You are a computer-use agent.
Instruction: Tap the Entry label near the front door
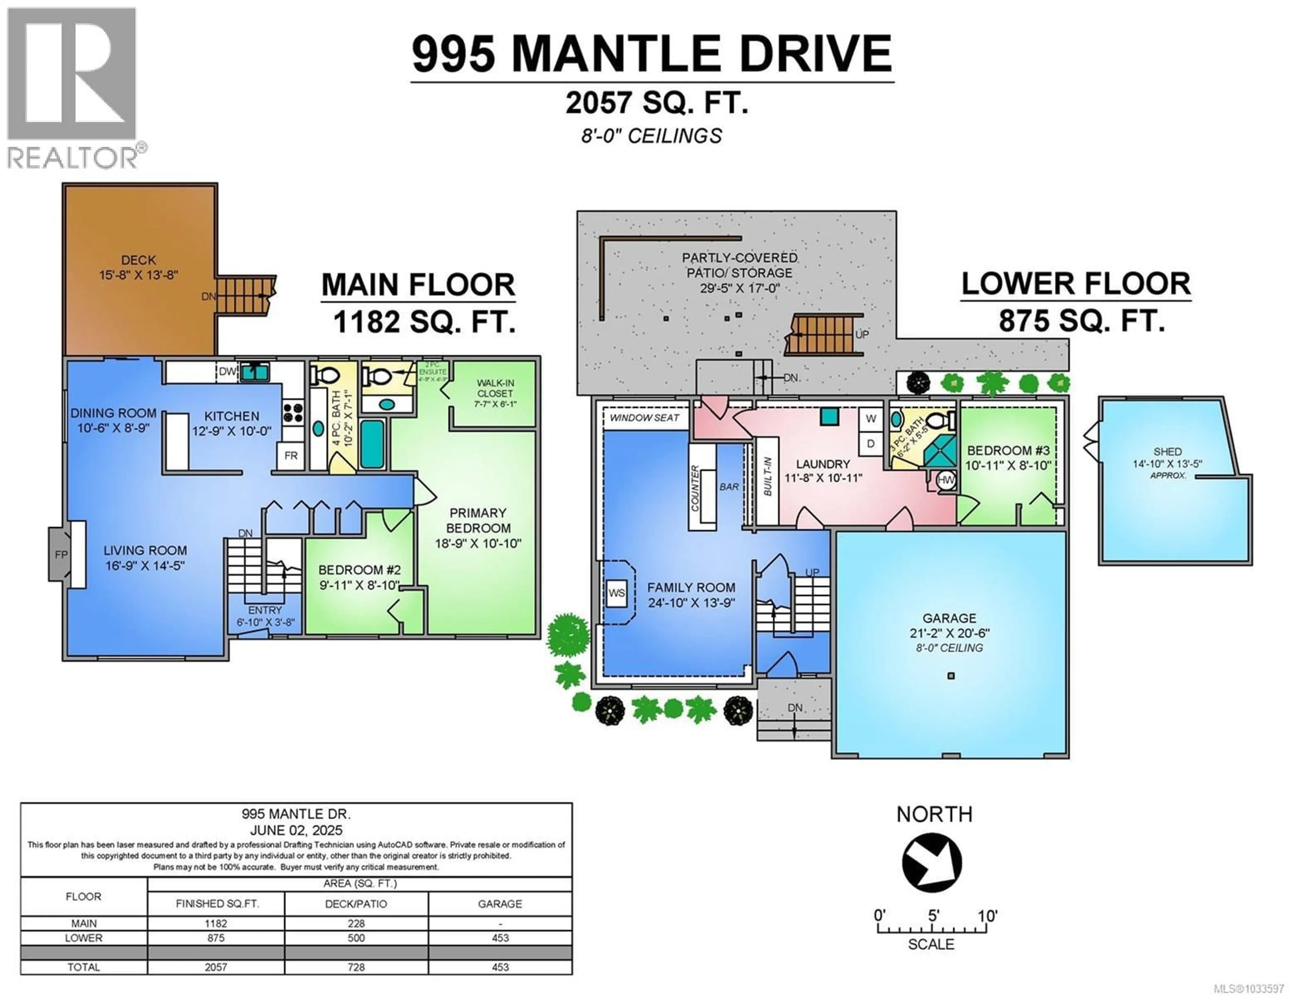pos(265,610)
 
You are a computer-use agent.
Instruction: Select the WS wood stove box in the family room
pos(616,593)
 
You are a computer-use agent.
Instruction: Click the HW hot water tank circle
pos(946,480)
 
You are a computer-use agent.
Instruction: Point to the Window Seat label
pos(644,418)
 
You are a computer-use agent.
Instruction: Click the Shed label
pos(1167,451)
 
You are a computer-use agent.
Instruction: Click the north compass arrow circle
pos(932,862)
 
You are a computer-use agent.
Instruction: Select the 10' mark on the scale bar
pos(986,916)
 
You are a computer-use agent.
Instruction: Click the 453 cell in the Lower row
pos(500,938)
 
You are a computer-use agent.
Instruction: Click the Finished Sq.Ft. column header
pos(216,903)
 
